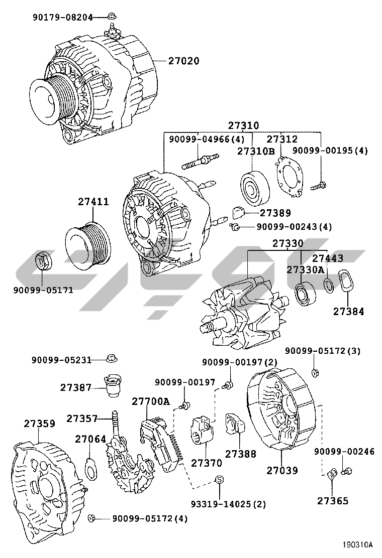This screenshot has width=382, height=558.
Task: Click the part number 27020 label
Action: click(x=183, y=61)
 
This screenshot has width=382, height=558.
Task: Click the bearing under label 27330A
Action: click(x=305, y=294)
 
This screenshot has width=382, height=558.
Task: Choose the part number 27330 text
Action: click(x=288, y=243)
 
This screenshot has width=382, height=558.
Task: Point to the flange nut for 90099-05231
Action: click(x=112, y=358)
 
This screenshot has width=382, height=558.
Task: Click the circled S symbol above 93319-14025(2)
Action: click(x=219, y=480)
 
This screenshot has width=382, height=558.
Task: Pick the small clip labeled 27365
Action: click(x=332, y=474)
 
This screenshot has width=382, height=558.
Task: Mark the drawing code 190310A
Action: click(x=358, y=544)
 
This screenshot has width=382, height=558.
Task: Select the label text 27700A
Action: click(x=151, y=401)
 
